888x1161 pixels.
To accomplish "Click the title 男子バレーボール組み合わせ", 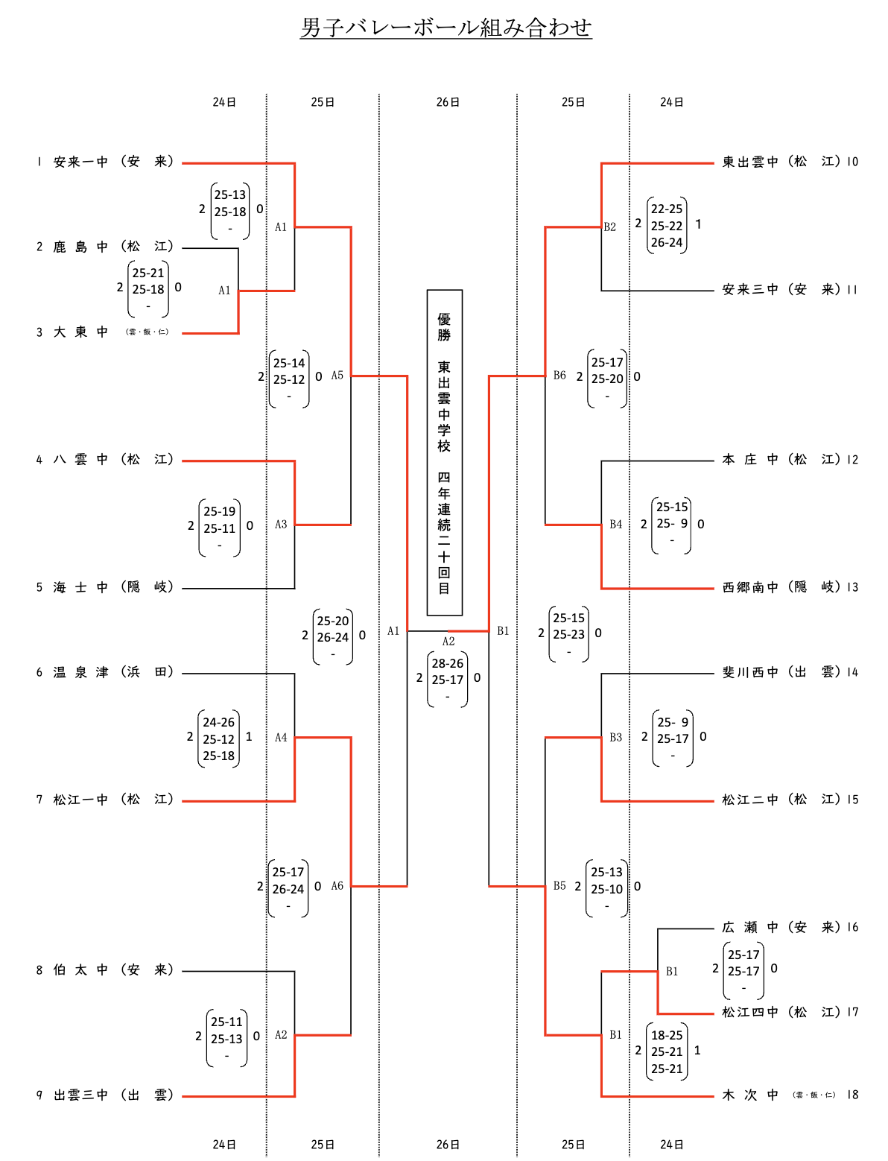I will pos(445,28).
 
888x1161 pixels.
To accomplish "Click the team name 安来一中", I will pos(80,162).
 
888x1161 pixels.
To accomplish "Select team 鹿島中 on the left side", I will pos(80,247).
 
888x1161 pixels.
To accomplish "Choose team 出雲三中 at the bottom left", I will pos(80,1095).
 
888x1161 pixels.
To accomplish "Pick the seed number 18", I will pos(852,1095).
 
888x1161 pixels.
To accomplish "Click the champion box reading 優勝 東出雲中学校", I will pos(445,452).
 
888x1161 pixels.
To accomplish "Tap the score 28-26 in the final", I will pos(448,663).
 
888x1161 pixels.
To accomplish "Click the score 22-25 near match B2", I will pos(667,209).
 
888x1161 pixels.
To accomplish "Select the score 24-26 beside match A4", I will pos(219,722).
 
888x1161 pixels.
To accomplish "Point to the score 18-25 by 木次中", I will pos(667,1035).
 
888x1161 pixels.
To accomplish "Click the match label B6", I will pos(559,376).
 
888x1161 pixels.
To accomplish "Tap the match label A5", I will pos(337,376).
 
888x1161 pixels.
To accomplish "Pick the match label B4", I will pos(615,525).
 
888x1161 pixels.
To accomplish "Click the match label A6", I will pos(337,886).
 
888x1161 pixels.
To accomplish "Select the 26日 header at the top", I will pos(448,102).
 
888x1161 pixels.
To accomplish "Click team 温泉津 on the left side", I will pos(80,672).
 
